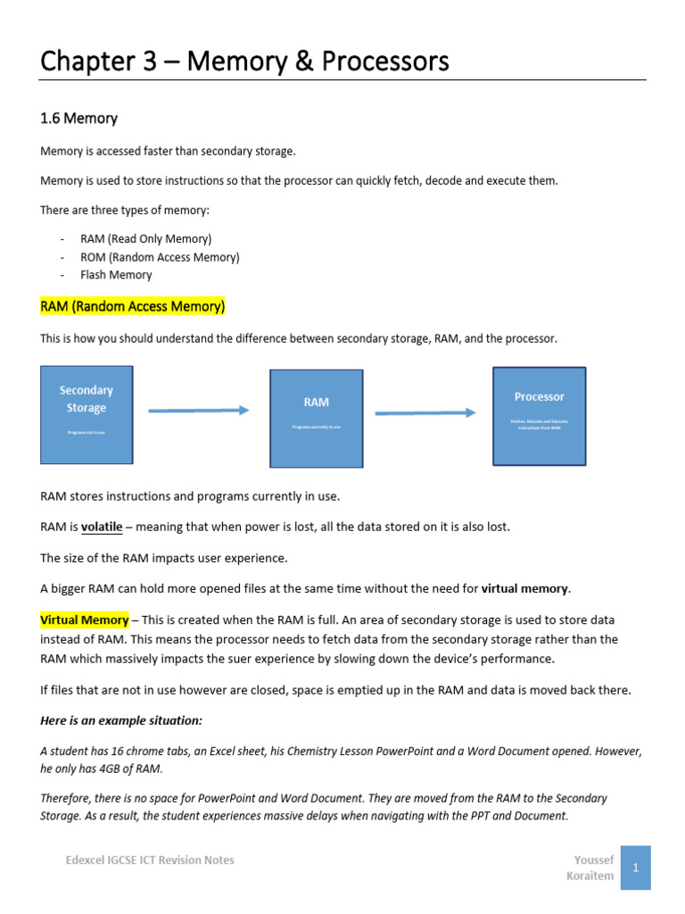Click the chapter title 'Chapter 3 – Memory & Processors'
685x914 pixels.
tap(244, 62)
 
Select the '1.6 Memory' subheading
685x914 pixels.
tap(79, 118)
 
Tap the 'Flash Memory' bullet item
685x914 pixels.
tap(116, 275)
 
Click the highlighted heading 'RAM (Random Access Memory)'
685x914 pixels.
tap(133, 307)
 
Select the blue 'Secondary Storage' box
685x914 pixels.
tap(87, 414)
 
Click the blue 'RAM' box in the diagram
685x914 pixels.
tap(316, 418)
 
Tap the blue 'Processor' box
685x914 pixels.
tap(539, 415)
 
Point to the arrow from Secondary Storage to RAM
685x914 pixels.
tap(198, 411)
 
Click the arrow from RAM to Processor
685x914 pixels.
tap(425, 412)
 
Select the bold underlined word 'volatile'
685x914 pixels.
tap(102, 527)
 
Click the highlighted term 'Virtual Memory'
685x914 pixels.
tap(83, 619)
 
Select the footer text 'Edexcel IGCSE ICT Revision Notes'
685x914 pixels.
tap(150, 860)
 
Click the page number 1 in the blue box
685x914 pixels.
tap(635, 867)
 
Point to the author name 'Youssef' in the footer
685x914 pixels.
tap(594, 860)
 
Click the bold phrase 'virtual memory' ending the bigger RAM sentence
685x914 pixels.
tap(524, 588)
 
